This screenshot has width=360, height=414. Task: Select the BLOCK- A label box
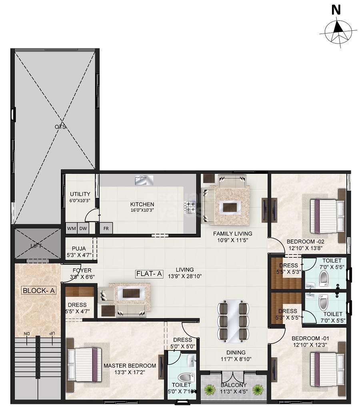(39, 291)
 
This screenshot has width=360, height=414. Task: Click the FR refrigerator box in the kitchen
(106, 228)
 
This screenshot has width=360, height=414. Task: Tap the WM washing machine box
(72, 228)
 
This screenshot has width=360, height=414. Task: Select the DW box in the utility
(83, 228)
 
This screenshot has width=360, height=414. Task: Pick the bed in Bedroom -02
(327, 213)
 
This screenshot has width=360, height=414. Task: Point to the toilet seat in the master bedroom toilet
(184, 377)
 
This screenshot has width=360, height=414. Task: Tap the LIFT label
(36, 246)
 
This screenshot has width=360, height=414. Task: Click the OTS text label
(61, 127)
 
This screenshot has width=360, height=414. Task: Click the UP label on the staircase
(52, 333)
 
